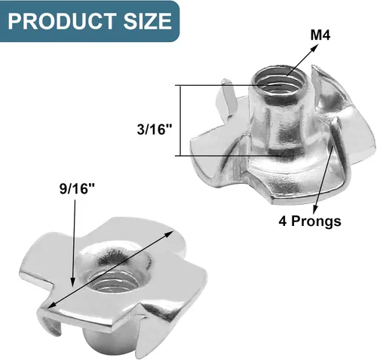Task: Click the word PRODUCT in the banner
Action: [x=62, y=21]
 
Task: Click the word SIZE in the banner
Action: [x=148, y=21]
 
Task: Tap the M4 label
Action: [x=320, y=35]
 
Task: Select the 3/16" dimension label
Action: [x=155, y=130]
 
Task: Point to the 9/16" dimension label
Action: [x=77, y=188]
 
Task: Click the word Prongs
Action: [x=316, y=221]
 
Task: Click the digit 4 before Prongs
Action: [x=283, y=221]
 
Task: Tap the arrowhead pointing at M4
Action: [x=314, y=47]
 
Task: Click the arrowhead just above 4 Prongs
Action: [x=315, y=208]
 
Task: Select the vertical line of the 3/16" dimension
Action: [x=180, y=121]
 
